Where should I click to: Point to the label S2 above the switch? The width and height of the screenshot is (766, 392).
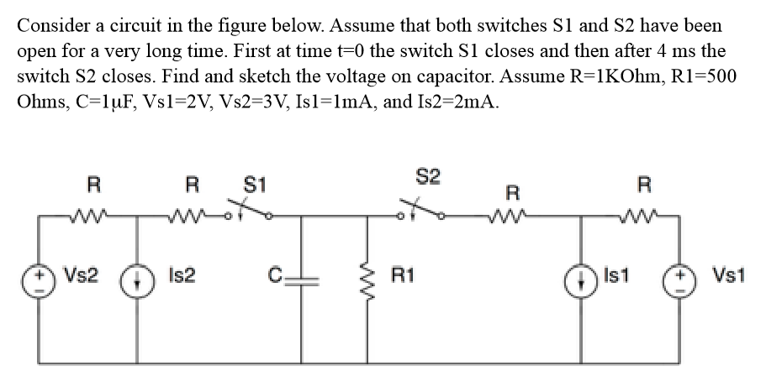pos(427,177)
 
